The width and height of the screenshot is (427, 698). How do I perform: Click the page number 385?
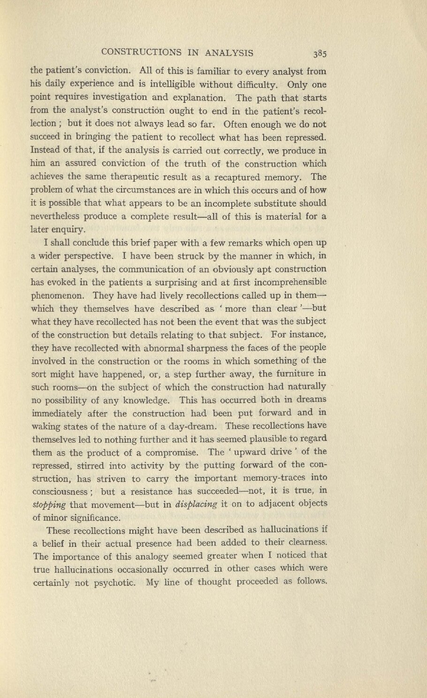(x=320, y=53)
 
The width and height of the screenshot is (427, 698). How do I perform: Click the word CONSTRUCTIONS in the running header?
(x=139, y=52)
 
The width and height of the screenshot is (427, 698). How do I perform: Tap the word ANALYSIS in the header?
(x=226, y=52)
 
